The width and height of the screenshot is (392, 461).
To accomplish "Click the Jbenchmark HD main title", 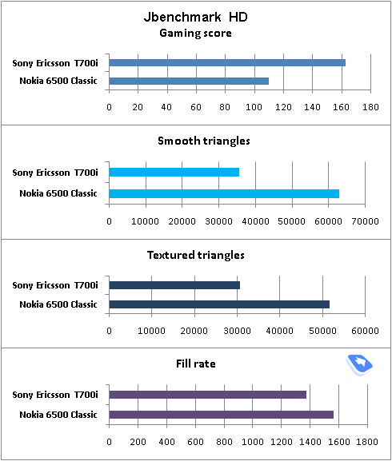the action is [x=196, y=17].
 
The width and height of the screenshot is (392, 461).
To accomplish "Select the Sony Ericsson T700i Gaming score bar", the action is [x=227, y=62].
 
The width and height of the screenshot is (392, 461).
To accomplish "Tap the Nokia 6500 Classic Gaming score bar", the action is [x=189, y=81].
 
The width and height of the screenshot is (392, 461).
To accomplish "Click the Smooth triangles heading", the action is [x=204, y=141].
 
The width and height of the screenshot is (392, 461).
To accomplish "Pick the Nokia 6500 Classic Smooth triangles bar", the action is [x=224, y=194].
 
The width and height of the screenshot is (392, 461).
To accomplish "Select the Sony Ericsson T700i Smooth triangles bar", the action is [x=174, y=172].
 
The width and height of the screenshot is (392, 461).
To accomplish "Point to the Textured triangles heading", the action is [x=196, y=255].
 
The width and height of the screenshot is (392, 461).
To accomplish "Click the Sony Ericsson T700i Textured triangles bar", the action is [x=174, y=285].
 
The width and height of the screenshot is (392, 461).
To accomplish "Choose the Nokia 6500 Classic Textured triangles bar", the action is [x=219, y=304].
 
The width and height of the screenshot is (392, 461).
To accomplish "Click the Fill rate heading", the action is [x=196, y=364].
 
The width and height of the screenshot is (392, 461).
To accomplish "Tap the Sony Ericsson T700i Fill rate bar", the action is [x=208, y=395].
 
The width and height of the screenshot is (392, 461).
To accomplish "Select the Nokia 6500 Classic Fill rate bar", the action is [x=222, y=415].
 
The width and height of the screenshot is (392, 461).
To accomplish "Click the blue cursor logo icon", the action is [x=359, y=365].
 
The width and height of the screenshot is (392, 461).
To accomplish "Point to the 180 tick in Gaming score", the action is [x=370, y=107].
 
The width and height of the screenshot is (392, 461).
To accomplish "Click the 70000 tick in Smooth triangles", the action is [x=366, y=221].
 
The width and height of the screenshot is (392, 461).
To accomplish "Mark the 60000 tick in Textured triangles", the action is [x=366, y=331].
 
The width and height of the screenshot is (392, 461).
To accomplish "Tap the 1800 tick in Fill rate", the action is [x=367, y=442].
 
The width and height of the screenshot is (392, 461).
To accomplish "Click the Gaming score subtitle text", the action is [x=195, y=34].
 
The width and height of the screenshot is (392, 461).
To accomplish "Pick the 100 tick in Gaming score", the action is [x=254, y=107].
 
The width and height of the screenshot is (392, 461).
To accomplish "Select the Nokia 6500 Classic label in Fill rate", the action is [x=58, y=415].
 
